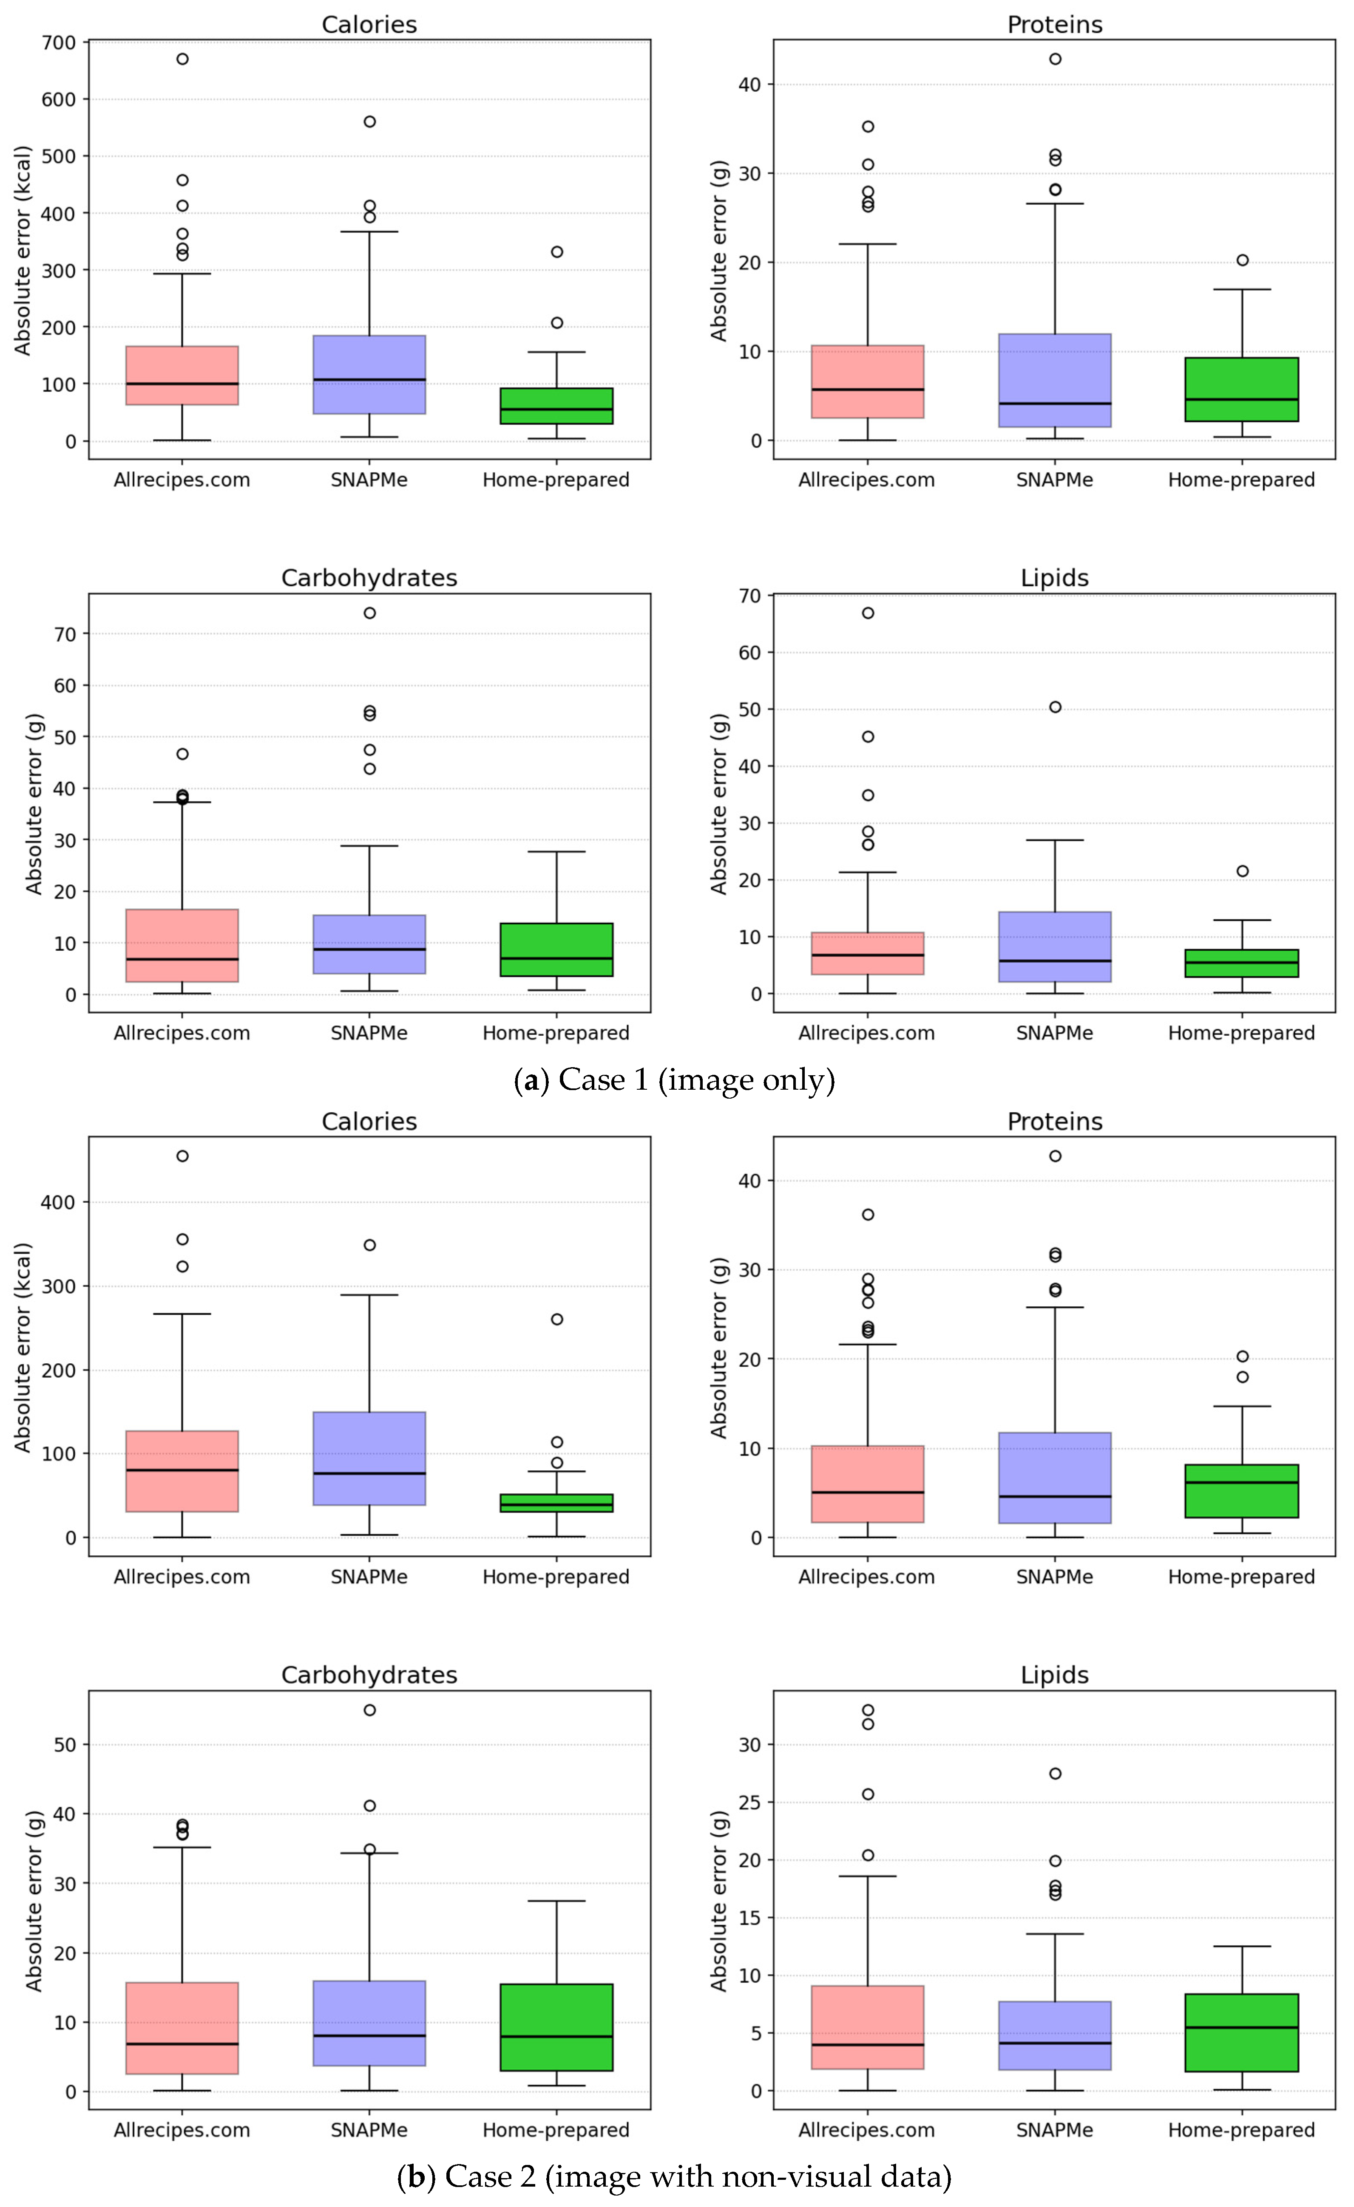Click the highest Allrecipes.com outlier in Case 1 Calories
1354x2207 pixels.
click(182, 59)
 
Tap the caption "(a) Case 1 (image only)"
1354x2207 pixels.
click(674, 1080)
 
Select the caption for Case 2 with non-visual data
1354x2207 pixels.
click(674, 2176)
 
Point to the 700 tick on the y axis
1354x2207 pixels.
click(59, 42)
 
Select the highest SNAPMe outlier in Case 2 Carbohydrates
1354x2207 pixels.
click(369, 1710)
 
